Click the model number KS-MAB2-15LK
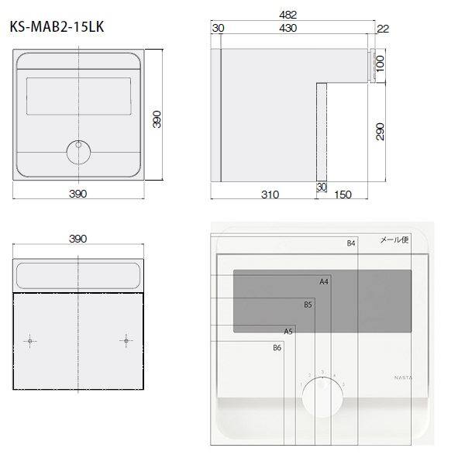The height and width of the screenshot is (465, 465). [57, 27]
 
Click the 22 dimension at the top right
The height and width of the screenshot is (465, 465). [382, 29]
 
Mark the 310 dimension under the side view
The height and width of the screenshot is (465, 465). [269, 195]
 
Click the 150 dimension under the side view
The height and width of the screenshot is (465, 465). [343, 195]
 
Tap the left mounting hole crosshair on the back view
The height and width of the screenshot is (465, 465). [30, 340]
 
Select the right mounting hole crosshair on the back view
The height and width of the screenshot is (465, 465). [126, 339]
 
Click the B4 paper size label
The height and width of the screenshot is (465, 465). [350, 243]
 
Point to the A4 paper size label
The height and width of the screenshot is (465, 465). [325, 281]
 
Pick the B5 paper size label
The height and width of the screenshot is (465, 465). [308, 305]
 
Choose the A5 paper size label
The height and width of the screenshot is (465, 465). [288, 331]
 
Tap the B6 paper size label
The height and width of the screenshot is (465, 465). [277, 348]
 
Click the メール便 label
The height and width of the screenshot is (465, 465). [394, 240]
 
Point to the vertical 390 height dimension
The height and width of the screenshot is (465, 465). [157, 119]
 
